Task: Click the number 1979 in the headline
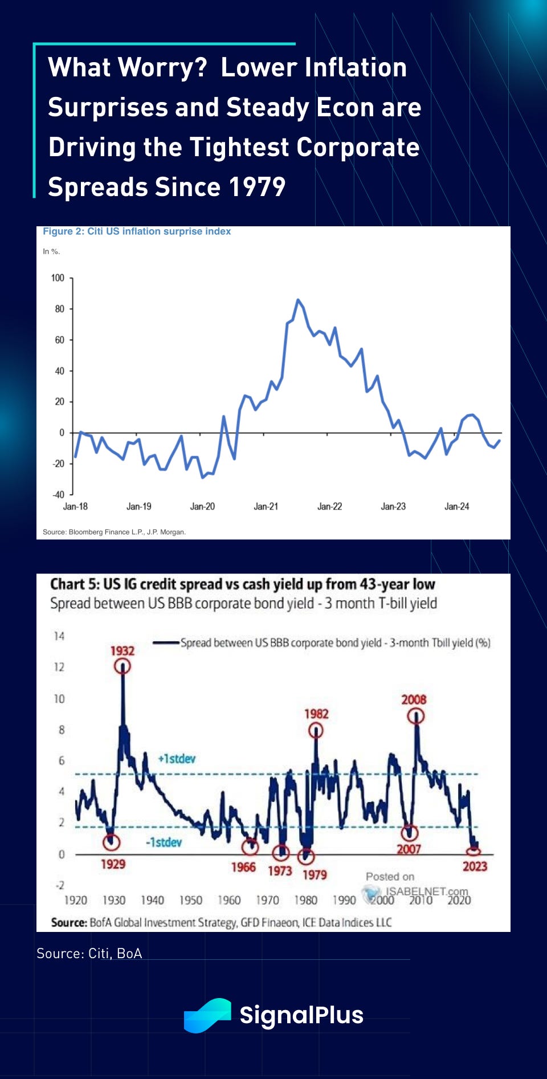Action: coord(257,187)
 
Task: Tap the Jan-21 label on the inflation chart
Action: coord(266,506)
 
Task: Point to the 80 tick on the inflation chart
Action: coord(60,309)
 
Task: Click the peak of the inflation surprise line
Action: coord(297,300)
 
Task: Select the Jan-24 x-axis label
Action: coord(456,506)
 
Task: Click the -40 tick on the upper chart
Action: coord(59,495)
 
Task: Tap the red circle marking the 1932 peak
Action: coord(123,666)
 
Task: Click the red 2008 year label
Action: coord(414,699)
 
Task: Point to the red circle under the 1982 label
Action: coord(316,730)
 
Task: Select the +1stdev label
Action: coord(177,759)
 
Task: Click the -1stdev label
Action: coord(164,842)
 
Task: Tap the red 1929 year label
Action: coord(113,864)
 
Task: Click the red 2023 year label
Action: coord(475,866)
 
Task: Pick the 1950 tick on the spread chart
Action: coord(191,900)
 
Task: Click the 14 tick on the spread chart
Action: coord(59,636)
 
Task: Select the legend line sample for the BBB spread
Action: coord(166,643)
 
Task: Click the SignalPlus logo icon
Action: coord(207,1015)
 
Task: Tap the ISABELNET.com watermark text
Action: coord(427,891)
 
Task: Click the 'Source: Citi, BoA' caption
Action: coord(89,954)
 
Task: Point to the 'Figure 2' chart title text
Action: coord(137,231)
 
